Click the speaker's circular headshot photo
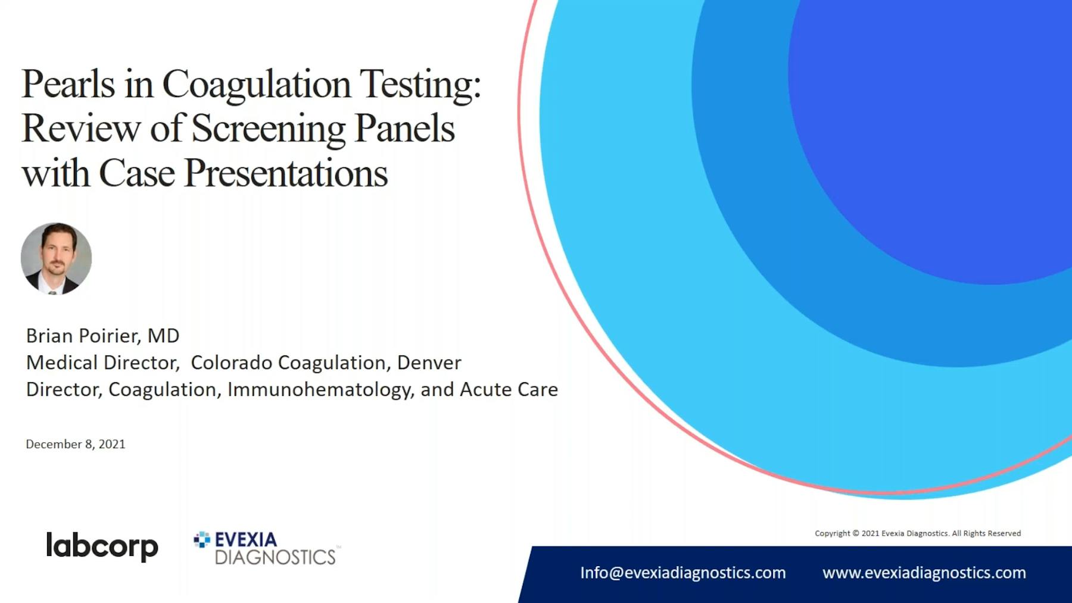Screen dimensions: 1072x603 [56, 259]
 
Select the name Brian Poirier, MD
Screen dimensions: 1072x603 [102, 336]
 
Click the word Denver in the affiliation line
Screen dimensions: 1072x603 [429, 363]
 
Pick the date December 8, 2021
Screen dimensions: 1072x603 [76, 444]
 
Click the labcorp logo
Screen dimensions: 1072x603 [102, 546]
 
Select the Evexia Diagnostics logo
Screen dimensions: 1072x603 [267, 548]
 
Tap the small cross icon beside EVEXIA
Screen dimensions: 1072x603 [202, 539]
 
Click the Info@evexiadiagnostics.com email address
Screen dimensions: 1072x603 [683, 573]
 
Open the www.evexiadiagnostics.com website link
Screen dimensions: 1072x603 [924, 573]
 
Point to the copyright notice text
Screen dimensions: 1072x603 [918, 533]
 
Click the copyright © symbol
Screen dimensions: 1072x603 [856, 533]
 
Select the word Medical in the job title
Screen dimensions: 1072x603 [63, 363]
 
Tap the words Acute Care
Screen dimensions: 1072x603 [509, 389]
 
